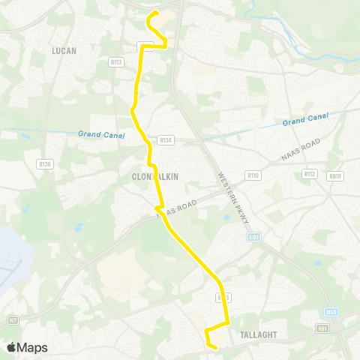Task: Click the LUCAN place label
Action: [x=65, y=50]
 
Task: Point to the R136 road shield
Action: [x=44, y=163]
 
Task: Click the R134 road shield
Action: [x=165, y=139]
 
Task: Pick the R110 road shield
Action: [x=253, y=175]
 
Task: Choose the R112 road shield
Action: [x=309, y=173]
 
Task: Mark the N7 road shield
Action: [x=13, y=320]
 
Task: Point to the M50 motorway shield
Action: [x=331, y=311]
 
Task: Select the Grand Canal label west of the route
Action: [x=94, y=134]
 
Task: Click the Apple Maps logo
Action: [x=27, y=347]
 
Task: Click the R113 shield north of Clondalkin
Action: [x=116, y=62]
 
